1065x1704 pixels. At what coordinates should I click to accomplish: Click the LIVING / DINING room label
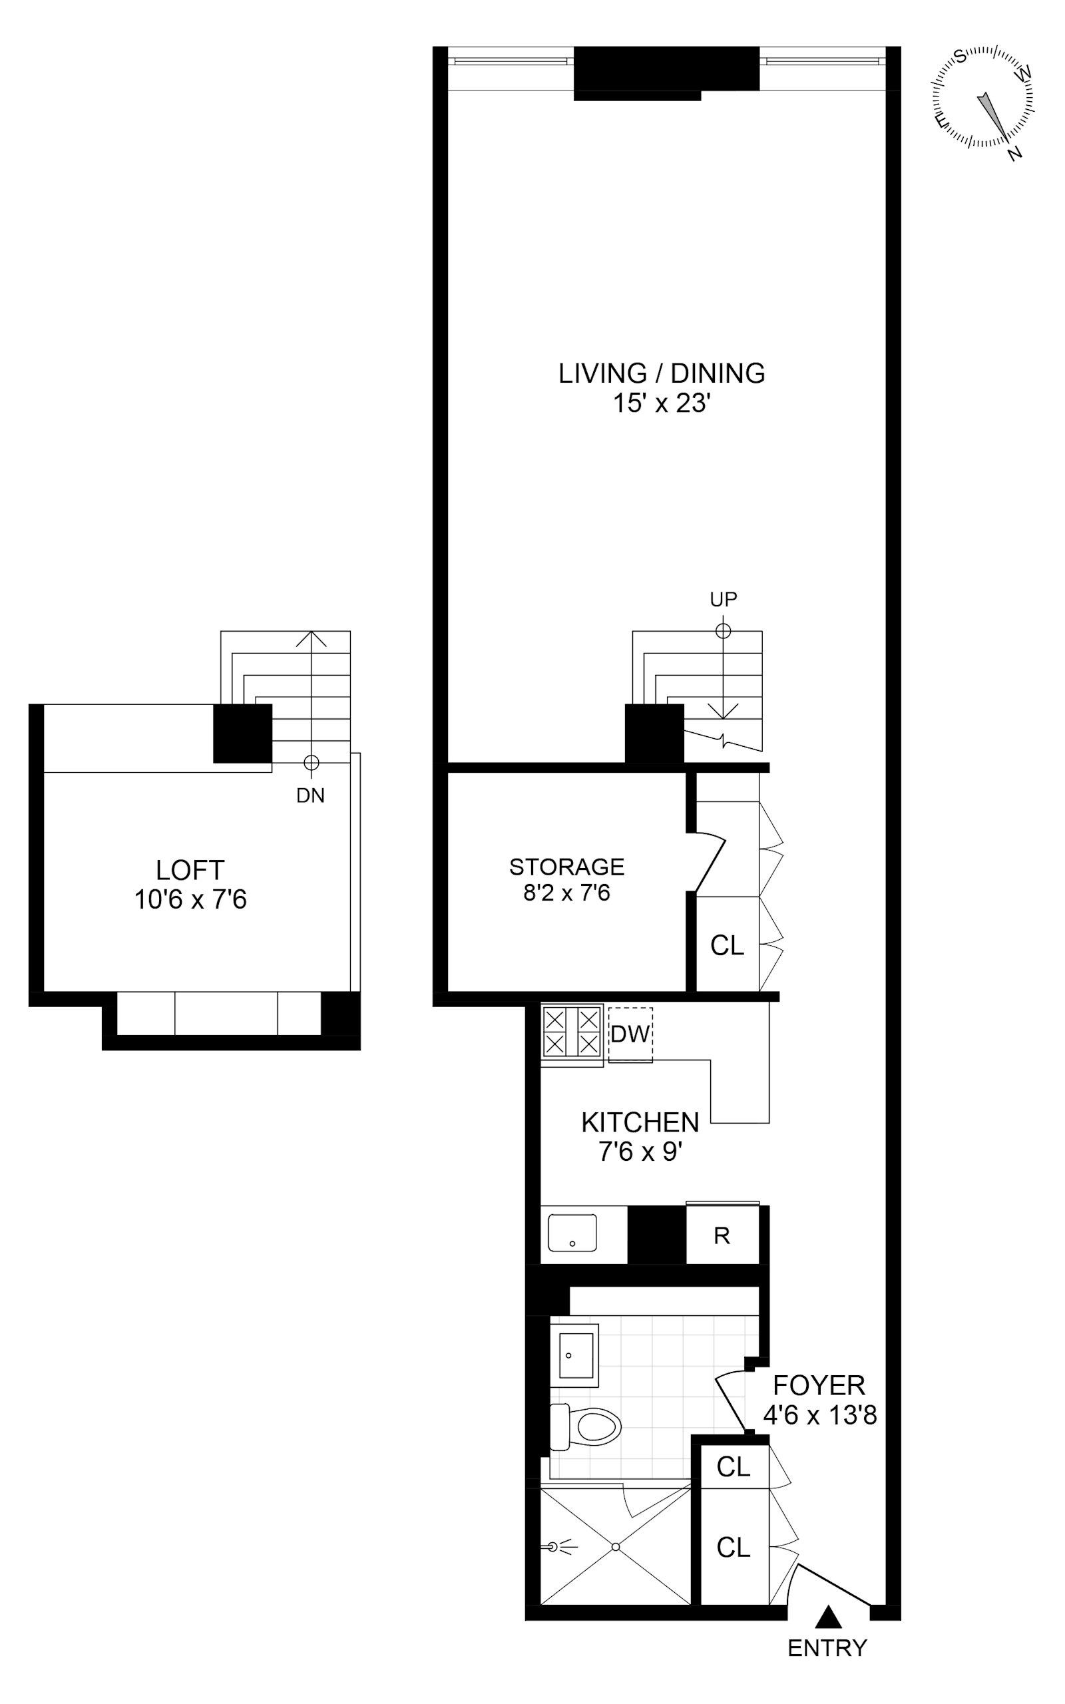click(x=662, y=373)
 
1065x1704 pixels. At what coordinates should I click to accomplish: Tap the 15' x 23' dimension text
click(x=662, y=403)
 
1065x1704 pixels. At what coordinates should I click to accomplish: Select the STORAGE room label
click(x=566, y=866)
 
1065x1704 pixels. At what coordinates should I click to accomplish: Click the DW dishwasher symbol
click(x=630, y=1034)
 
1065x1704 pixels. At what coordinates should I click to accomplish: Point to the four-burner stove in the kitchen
click(x=572, y=1032)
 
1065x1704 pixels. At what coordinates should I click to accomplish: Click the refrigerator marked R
click(x=722, y=1236)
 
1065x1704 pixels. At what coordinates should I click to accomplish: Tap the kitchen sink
click(x=572, y=1233)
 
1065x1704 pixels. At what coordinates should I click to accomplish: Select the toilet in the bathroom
click(x=588, y=1427)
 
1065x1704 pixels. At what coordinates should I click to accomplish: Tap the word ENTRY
click(x=827, y=1648)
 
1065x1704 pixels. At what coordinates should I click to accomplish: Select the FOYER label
click(x=819, y=1386)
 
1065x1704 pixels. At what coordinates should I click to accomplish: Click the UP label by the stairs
click(x=724, y=599)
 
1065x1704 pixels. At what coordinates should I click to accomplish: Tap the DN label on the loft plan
click(x=310, y=795)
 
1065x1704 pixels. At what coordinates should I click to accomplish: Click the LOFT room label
click(x=190, y=871)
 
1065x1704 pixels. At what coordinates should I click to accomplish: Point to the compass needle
click(x=991, y=112)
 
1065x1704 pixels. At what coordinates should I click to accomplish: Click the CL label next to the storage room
click(x=727, y=945)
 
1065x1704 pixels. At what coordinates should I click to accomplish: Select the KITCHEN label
click(x=640, y=1122)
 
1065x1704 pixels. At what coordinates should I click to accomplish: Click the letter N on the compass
click(x=1015, y=153)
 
